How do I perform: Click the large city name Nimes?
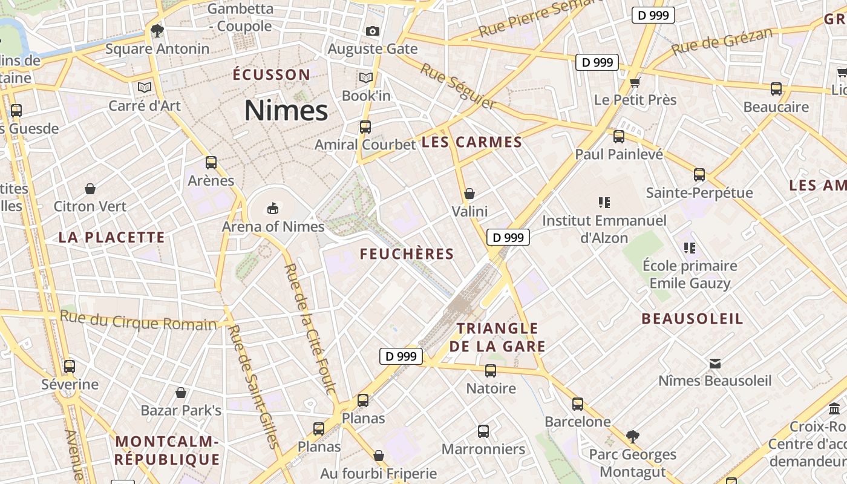tap(286, 111)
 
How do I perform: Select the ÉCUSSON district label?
tap(272, 74)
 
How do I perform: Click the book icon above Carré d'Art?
tap(144, 88)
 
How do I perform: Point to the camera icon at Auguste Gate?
tap(373, 31)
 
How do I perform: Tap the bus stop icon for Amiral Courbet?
tap(365, 126)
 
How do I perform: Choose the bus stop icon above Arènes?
tap(211, 162)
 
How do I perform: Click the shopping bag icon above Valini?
tap(469, 194)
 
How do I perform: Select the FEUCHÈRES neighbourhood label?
tap(407, 254)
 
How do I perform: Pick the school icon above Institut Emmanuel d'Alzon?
tap(604, 202)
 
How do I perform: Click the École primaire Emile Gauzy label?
tap(690, 274)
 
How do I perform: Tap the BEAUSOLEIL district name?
tap(692, 319)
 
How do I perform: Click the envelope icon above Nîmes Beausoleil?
tap(715, 363)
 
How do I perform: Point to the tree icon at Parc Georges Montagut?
tap(633, 436)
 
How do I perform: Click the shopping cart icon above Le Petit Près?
tap(635, 82)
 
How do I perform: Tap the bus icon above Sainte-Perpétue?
tap(699, 175)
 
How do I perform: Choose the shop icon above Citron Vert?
tap(90, 189)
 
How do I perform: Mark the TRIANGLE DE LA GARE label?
tap(497, 338)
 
